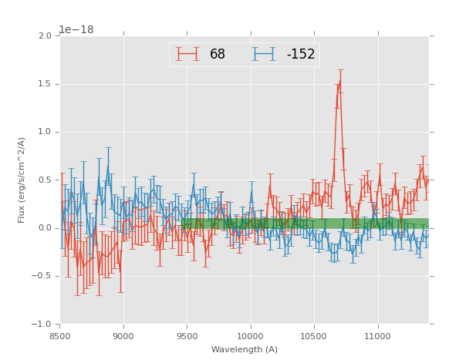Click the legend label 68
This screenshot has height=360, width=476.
point(218,55)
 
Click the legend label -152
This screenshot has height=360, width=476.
point(301,55)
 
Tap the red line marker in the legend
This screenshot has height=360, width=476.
point(187,54)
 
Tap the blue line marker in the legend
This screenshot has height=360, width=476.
point(264,54)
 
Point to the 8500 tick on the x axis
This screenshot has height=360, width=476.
point(60,336)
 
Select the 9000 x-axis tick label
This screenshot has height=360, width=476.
point(123,336)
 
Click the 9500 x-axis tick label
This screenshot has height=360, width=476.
point(187,336)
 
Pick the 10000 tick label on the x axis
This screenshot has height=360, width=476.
point(251,336)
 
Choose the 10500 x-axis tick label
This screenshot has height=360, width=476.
point(314,336)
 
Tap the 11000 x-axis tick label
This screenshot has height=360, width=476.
point(378,336)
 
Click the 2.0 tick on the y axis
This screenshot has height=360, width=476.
point(45,36)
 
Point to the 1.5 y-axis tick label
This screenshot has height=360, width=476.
point(45,84)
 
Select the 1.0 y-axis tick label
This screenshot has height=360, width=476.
point(45,132)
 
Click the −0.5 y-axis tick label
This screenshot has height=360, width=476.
point(43,276)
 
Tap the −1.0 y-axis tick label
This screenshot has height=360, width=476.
point(43,325)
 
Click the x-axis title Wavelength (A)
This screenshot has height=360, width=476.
point(245,350)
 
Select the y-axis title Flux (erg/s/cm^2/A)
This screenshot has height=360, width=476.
point(22,180)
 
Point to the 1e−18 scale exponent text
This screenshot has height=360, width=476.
point(76,30)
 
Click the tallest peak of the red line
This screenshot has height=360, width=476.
point(339,80)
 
